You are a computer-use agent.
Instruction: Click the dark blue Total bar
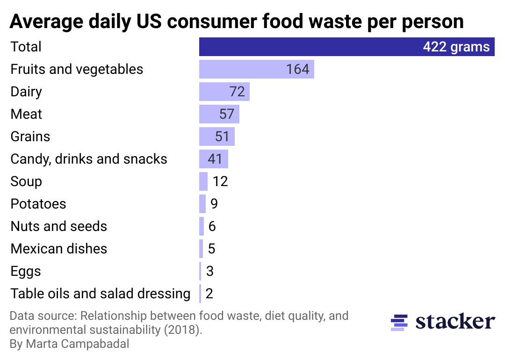click(309, 47)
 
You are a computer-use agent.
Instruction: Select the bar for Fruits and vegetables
click(243, 69)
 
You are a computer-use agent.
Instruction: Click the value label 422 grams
click(456, 47)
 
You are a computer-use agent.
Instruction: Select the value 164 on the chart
click(298, 69)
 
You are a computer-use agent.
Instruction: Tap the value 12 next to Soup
click(220, 181)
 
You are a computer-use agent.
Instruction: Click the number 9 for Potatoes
click(214, 204)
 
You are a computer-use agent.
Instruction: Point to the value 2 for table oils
click(209, 294)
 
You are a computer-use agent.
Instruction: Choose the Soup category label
click(26, 181)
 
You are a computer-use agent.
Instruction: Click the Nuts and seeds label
click(59, 226)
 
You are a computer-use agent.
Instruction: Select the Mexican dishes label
click(59, 249)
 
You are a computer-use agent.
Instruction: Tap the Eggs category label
click(26, 271)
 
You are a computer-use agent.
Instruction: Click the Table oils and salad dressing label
click(101, 294)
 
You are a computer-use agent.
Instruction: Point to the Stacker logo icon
click(399, 322)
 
